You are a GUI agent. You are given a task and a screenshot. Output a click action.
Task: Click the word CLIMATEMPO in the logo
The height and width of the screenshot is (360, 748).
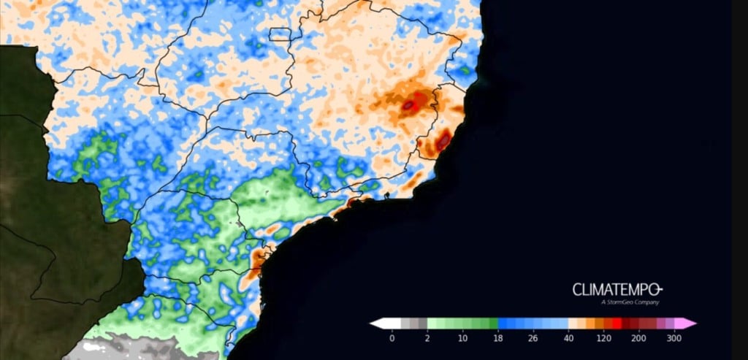point(616,289)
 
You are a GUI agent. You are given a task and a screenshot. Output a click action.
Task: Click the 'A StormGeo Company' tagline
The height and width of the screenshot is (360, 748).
point(630,302)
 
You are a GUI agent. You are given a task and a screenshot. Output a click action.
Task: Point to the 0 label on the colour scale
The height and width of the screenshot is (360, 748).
point(392,338)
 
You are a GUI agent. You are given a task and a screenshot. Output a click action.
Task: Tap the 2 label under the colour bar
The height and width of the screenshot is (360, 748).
point(427,338)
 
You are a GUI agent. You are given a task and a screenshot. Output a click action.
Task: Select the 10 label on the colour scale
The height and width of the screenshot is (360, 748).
point(462,338)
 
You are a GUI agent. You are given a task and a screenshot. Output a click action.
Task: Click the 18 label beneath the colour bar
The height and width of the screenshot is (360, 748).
point(498,338)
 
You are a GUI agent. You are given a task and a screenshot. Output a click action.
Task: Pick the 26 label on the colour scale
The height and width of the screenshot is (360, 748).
point(533,338)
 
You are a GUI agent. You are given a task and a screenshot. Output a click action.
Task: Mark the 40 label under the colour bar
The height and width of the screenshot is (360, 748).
point(568,338)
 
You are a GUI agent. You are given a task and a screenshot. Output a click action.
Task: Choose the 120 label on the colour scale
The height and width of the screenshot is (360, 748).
point(604,338)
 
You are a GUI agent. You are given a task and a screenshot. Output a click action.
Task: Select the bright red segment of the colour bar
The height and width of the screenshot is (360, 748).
point(617,323)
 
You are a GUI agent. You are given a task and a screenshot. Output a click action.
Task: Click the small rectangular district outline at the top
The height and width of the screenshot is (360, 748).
point(280,34)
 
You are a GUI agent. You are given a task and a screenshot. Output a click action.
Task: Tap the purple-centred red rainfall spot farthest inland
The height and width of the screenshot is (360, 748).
point(411,106)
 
